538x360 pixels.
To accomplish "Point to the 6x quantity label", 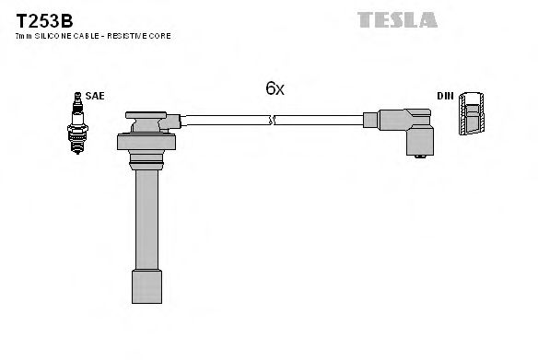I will [275, 88].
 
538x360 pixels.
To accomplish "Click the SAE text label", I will [95, 96].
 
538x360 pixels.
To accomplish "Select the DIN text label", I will [446, 96].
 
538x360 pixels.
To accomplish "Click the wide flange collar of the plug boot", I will [146, 143].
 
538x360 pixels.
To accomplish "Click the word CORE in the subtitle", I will [161, 35].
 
